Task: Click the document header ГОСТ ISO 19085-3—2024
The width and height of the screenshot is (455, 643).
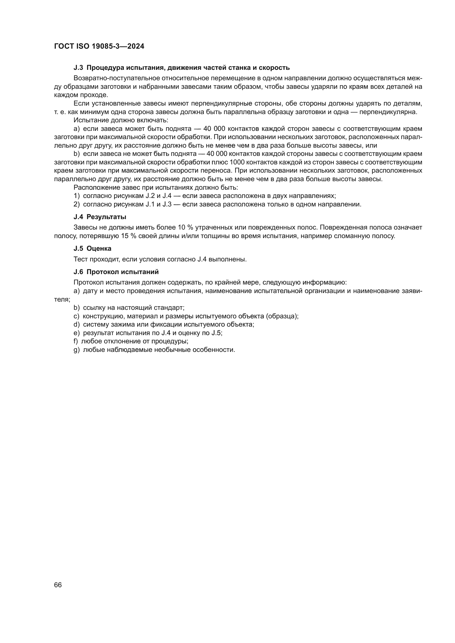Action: (99, 46)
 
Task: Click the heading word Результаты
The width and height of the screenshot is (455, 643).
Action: (106, 217)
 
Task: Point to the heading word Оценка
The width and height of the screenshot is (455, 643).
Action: (99, 249)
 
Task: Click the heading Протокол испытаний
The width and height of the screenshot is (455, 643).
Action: (122, 272)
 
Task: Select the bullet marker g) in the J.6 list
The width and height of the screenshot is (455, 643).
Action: (76, 350)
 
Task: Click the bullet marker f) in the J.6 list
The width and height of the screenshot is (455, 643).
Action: (75, 341)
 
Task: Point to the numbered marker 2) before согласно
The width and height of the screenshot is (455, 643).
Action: (76, 204)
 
